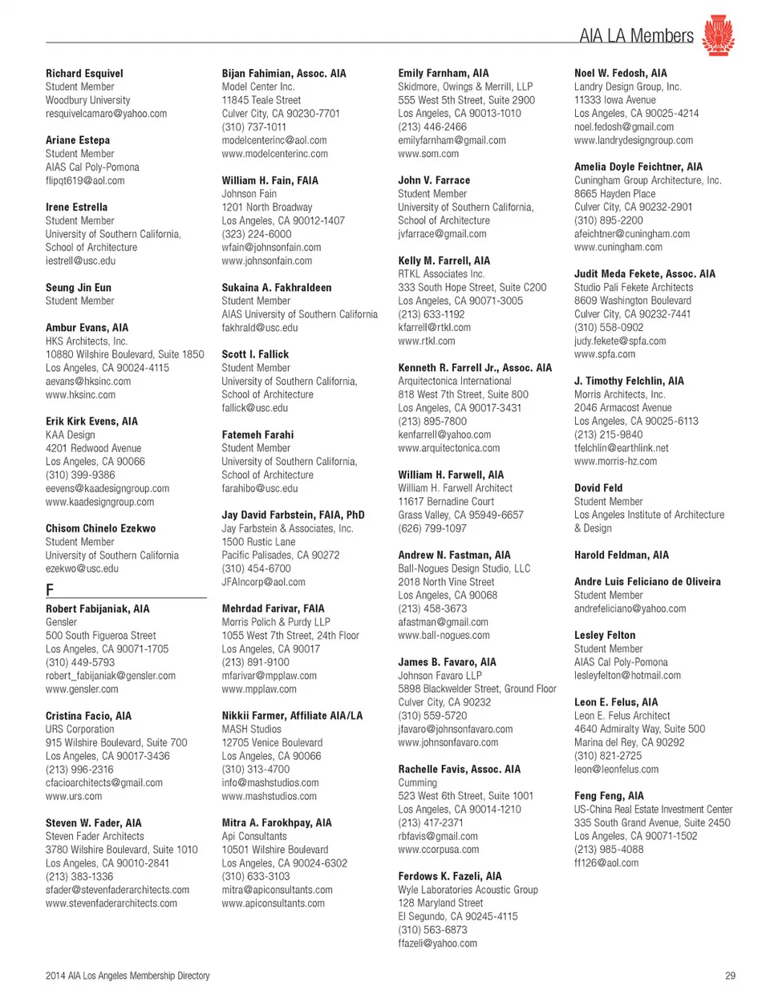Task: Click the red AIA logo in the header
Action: (x=718, y=35)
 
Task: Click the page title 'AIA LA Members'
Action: (x=636, y=35)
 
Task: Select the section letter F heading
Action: (x=50, y=590)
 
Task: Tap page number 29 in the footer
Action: (x=730, y=976)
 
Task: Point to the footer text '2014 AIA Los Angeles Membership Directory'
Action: (x=128, y=976)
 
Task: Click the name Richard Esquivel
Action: (x=84, y=73)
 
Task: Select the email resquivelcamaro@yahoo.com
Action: (x=106, y=113)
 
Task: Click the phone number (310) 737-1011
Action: (x=253, y=127)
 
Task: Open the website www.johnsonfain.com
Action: (x=266, y=261)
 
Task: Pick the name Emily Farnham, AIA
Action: (x=443, y=73)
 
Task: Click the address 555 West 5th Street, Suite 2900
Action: (x=466, y=100)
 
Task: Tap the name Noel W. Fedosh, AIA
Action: (x=620, y=73)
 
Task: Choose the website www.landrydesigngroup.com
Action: (x=633, y=140)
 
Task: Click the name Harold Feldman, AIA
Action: (x=621, y=555)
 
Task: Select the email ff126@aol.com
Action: (x=606, y=863)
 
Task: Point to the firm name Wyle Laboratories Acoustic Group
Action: (x=468, y=890)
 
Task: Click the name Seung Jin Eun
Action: (x=79, y=287)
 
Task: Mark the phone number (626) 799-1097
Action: (x=432, y=528)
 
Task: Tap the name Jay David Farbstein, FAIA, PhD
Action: (x=293, y=515)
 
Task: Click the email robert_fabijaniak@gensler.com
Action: (x=110, y=676)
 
